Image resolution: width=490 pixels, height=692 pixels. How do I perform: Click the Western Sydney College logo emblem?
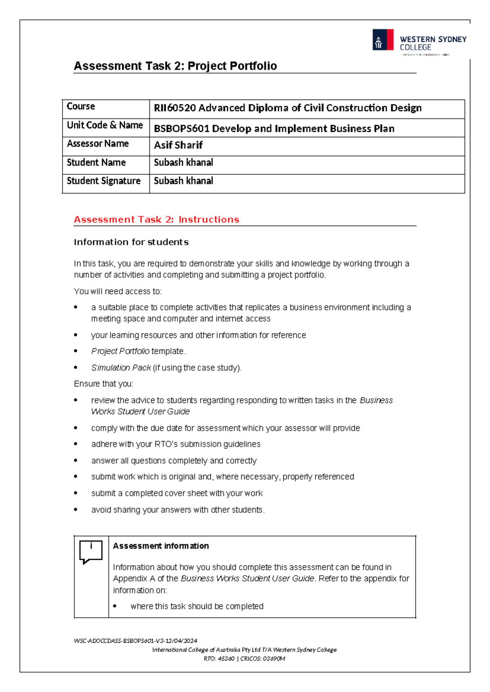[383, 40]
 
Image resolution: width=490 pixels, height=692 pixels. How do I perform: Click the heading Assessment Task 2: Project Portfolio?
[175, 66]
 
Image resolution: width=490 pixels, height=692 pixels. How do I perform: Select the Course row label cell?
[81, 106]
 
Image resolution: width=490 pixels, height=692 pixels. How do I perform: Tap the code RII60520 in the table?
[175, 108]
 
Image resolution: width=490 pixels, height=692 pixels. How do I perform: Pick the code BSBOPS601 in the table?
[181, 129]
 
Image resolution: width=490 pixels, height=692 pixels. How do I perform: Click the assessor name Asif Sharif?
[178, 145]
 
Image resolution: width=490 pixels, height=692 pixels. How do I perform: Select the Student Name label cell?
[96, 162]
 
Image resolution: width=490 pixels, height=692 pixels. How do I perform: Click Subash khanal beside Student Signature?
[183, 181]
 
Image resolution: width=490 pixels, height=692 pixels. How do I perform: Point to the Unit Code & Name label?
[105, 125]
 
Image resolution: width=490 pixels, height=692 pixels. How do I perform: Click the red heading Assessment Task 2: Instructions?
[156, 220]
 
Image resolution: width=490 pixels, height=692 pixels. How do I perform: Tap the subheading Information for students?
[131, 242]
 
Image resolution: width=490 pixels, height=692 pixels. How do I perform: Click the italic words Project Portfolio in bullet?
[120, 351]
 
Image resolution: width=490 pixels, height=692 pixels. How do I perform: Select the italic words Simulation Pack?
[121, 368]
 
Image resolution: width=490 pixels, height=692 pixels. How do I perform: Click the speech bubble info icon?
[91, 552]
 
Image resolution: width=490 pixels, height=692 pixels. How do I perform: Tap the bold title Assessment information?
[161, 546]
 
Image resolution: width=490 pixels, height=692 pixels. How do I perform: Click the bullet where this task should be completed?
[197, 606]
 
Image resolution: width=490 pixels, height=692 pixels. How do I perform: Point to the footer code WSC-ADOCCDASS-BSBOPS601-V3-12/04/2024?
[136, 641]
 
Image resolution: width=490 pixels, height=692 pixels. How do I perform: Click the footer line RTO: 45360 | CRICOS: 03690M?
[244, 659]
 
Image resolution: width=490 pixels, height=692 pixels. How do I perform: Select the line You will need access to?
[118, 291]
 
